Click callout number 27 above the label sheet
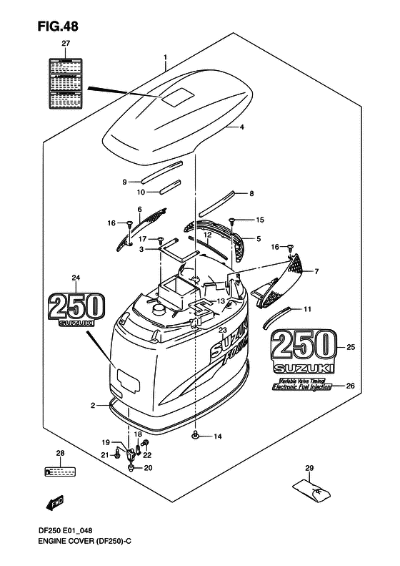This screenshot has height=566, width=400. [x=66, y=44]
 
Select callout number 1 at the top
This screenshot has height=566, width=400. [x=165, y=57]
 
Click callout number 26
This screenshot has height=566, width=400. [x=349, y=386]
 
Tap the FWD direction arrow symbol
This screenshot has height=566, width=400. [x=56, y=505]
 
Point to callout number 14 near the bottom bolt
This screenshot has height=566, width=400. [x=218, y=436]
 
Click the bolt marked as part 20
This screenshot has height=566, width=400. [x=132, y=468]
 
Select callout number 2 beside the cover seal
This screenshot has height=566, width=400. [x=93, y=406]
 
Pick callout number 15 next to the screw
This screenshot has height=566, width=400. [x=259, y=219]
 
